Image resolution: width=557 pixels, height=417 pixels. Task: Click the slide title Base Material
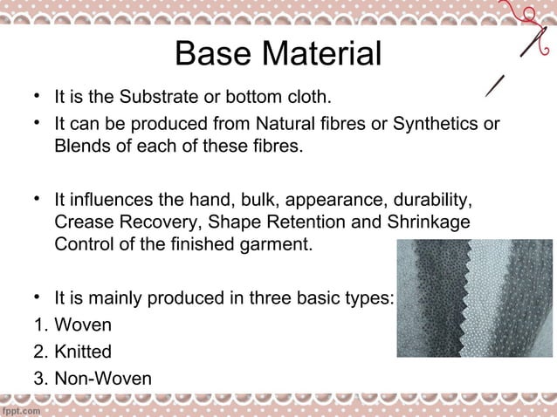coord(278,54)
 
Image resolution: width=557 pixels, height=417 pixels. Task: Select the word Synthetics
coord(437,124)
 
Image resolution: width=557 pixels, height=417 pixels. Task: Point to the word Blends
coord(79,145)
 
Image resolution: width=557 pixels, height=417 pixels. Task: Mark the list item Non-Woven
coord(102,379)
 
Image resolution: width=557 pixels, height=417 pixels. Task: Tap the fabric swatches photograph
coord(474,297)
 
